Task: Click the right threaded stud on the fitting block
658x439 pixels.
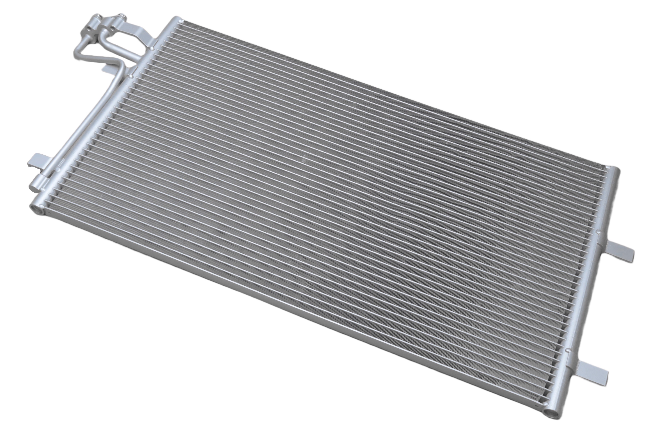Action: click(x=122, y=17)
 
